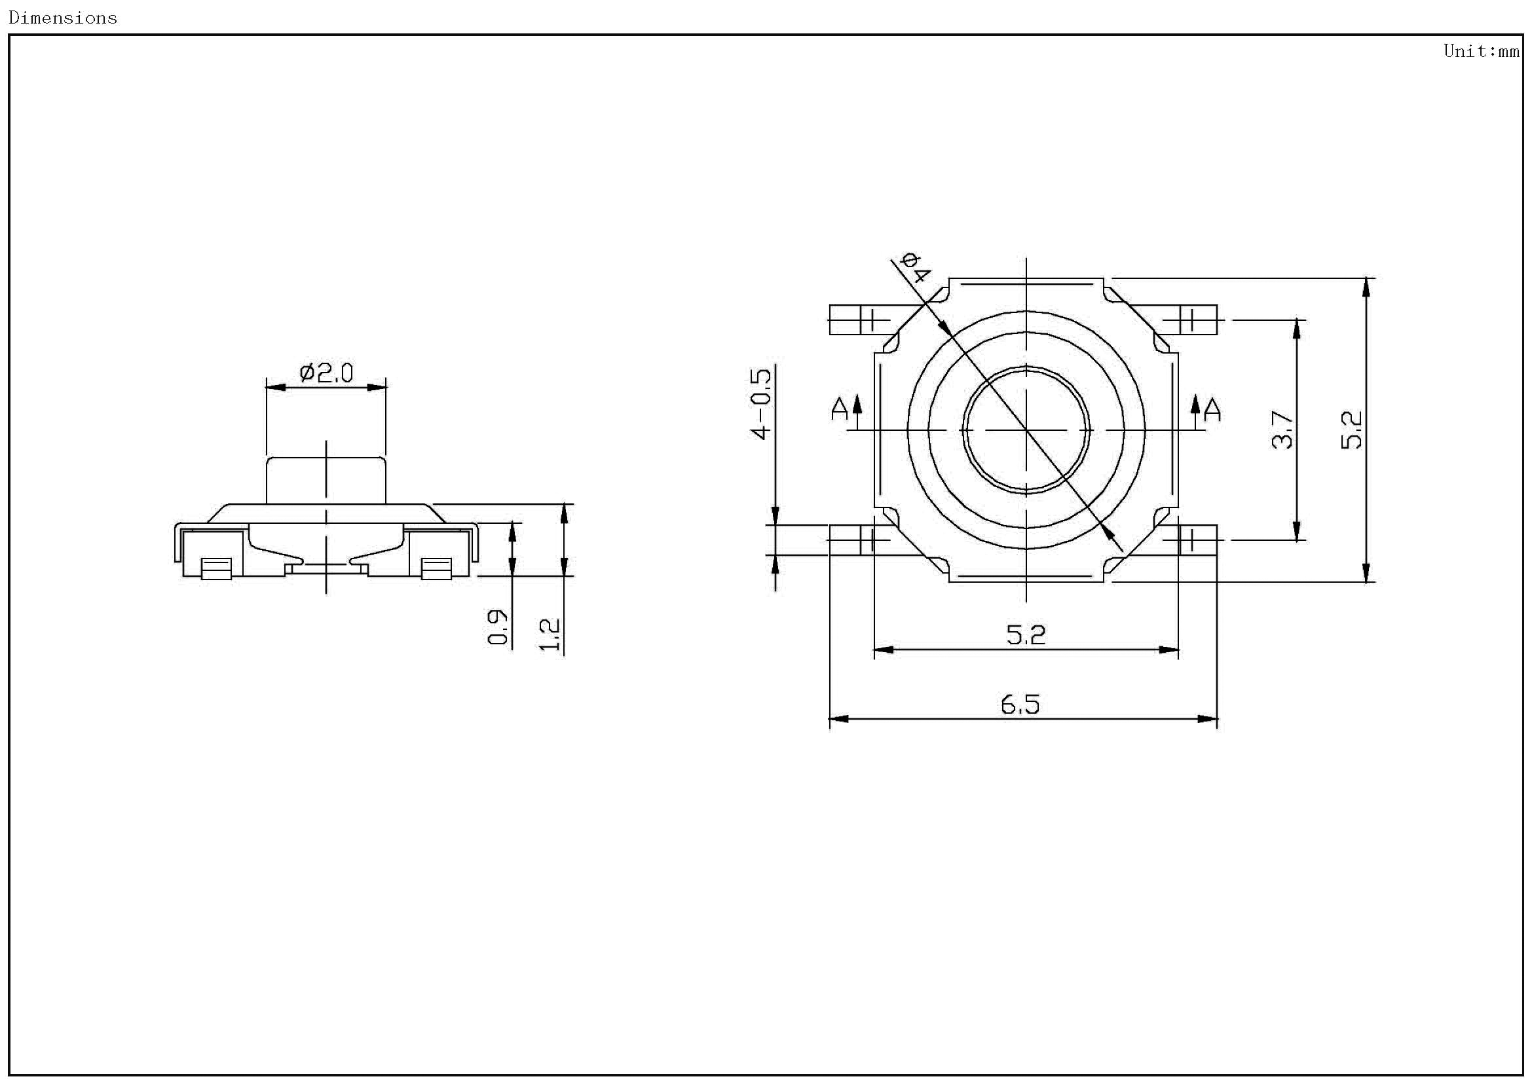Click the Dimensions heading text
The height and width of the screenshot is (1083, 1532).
[63, 18]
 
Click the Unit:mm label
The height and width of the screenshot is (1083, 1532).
[1481, 50]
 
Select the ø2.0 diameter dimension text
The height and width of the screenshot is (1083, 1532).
[326, 373]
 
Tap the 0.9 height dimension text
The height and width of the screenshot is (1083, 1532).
[498, 627]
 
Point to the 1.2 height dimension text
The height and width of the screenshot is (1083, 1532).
[549, 634]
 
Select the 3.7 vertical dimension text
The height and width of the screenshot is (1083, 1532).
[1282, 430]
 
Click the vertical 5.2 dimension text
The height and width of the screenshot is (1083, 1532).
[1351, 430]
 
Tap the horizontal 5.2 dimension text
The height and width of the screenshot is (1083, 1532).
[1026, 634]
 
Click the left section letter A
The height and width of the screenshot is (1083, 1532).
[839, 409]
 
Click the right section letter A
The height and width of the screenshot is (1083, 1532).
[1213, 409]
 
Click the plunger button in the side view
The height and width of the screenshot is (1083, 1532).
[326, 480]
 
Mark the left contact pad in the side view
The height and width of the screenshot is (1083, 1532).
[216, 569]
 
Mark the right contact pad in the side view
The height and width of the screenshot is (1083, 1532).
[436, 569]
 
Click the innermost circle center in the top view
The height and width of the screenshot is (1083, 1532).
[1026, 430]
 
